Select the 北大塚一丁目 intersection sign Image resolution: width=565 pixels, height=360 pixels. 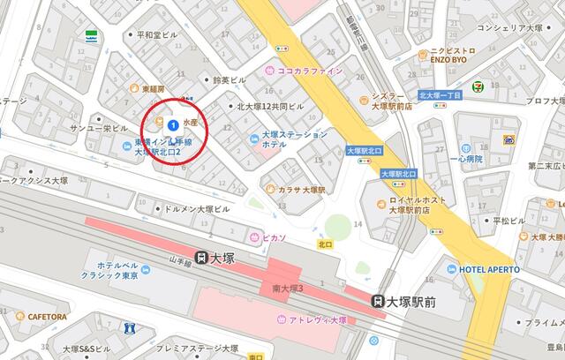tap(441, 94)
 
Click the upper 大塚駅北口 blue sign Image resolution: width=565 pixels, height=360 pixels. tap(364, 151)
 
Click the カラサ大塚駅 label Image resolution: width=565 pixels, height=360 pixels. tap(296, 190)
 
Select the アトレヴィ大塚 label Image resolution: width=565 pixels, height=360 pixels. tap(313, 319)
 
